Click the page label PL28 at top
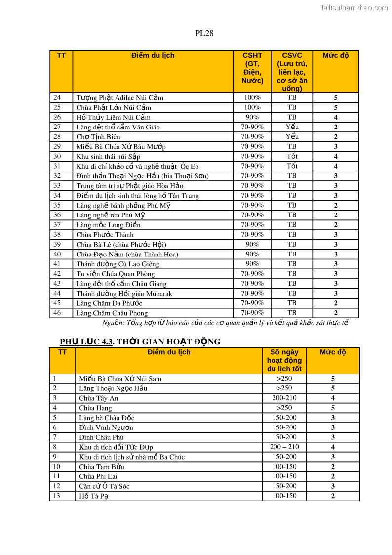204,34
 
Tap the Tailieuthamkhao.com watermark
353,7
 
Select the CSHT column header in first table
252,68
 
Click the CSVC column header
292,72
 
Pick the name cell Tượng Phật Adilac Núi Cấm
119,98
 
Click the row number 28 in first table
57,136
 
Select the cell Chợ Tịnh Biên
98,137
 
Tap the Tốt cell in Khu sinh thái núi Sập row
292,156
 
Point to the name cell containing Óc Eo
137,166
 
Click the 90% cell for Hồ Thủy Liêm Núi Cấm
252,117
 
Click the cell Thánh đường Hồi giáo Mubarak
124,294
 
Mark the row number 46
57,313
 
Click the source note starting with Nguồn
225,323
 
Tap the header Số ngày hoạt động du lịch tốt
284,360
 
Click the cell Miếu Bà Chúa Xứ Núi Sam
120,379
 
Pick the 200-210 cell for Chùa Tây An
284,398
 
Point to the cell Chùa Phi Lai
98,476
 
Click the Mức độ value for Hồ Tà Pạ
333,496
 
